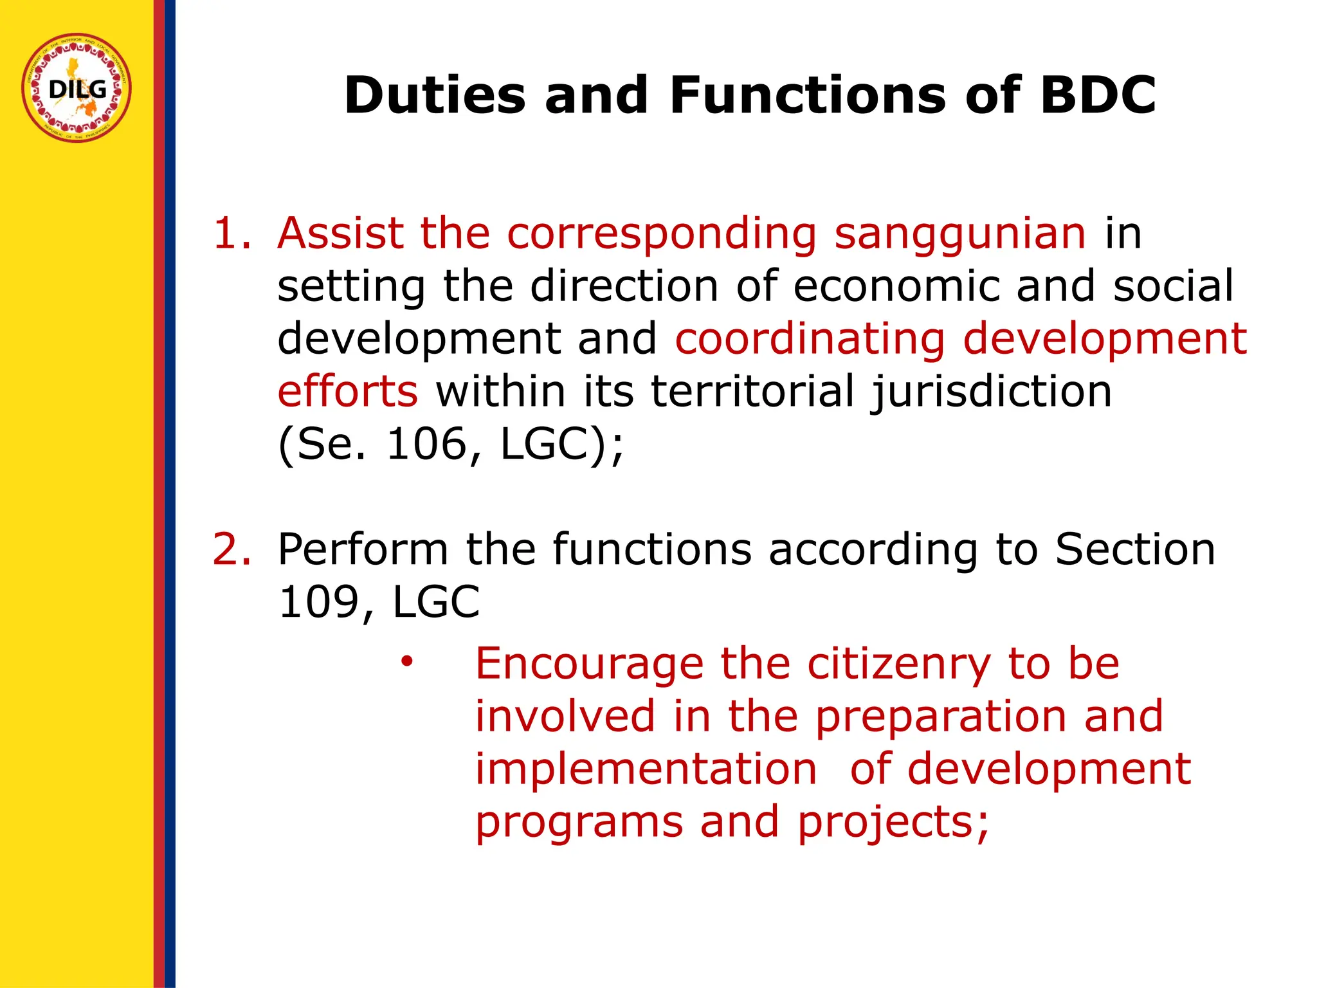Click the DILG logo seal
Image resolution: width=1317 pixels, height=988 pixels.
click(x=77, y=87)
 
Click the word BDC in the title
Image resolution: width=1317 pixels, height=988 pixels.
click(x=1098, y=95)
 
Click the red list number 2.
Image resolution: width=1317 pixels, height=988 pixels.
click(x=232, y=550)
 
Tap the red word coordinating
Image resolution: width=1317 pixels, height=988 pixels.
click(x=810, y=340)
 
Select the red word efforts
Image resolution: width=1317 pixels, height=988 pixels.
click(x=347, y=391)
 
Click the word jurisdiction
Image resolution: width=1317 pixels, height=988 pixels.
click(x=990, y=392)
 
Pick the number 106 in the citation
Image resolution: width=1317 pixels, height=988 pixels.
click(x=426, y=444)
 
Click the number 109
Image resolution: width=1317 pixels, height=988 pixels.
click(x=318, y=603)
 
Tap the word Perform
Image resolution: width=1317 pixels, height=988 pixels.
click(x=363, y=550)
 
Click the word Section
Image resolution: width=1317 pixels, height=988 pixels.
click(x=1135, y=550)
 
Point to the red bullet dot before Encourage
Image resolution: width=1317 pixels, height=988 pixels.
click(x=406, y=661)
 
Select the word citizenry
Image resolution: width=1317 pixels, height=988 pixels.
click(x=898, y=664)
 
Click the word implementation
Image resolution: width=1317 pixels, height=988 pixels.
click(x=646, y=769)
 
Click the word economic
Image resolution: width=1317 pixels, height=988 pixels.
click(x=896, y=286)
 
